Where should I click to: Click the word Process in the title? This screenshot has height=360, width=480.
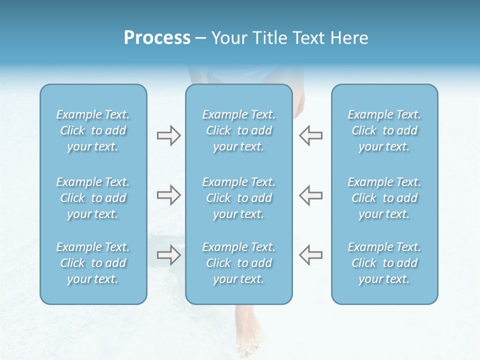[157, 38]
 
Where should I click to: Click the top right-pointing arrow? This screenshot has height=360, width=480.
[168, 135]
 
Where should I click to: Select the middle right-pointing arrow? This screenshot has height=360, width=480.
[168, 195]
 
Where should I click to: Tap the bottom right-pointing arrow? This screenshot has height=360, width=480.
[168, 254]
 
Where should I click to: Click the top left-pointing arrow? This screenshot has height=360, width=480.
[310, 135]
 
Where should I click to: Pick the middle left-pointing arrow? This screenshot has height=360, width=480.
[310, 195]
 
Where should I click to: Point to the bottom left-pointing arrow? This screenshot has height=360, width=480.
[310, 254]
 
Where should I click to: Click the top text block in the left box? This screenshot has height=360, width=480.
[93, 130]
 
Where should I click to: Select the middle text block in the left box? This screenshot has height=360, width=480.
[93, 198]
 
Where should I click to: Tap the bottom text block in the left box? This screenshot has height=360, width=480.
[93, 263]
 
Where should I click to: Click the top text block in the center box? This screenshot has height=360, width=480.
[238, 130]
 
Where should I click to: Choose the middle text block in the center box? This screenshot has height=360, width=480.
[238, 198]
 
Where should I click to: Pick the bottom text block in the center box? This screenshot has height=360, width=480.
[238, 263]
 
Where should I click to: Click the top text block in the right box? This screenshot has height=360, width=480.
[384, 130]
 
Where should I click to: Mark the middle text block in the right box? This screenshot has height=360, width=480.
[384, 198]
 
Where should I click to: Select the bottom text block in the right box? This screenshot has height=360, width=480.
[384, 263]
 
